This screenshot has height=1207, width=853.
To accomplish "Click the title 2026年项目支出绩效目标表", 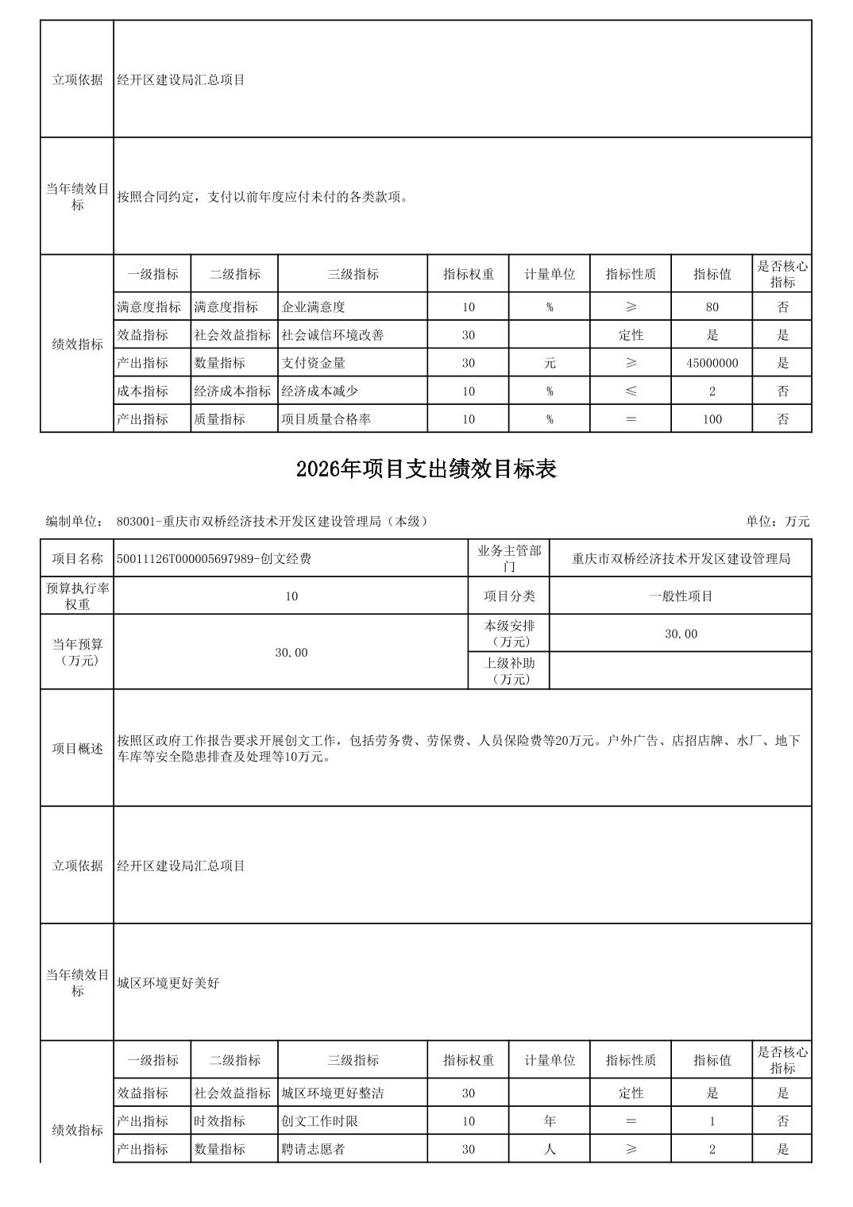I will pyautogui.click(x=426, y=469).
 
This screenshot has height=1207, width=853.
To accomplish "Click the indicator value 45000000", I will pyautogui.click(x=712, y=363).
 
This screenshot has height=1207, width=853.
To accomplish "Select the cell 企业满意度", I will pyautogui.click(x=314, y=307).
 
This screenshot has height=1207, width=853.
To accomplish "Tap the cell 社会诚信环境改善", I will pyautogui.click(x=333, y=335).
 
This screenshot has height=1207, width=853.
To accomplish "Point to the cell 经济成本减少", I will pyautogui.click(x=320, y=391).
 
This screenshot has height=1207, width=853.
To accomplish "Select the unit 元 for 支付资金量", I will pyautogui.click(x=550, y=363).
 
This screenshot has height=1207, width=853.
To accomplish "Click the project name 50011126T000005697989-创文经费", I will pyautogui.click(x=214, y=559).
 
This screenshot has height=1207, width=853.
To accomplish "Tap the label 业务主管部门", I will pyautogui.click(x=509, y=558).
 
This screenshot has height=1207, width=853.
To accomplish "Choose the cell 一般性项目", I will pyautogui.click(x=681, y=596).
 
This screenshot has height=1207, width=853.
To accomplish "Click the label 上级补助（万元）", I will pyautogui.click(x=509, y=671).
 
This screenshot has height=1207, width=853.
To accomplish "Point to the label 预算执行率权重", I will pyautogui.click(x=77, y=596).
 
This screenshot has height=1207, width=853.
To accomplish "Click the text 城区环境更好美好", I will pyautogui.click(x=168, y=983).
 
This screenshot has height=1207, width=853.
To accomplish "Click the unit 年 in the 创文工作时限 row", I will pyautogui.click(x=550, y=1121).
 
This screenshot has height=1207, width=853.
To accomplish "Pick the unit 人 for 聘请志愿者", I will pyautogui.click(x=550, y=1149).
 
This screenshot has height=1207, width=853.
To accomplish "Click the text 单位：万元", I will pyautogui.click(x=778, y=522).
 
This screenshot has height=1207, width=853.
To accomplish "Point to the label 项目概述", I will pyautogui.click(x=77, y=749).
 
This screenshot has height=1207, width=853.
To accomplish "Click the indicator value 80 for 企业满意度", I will pyautogui.click(x=712, y=307).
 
